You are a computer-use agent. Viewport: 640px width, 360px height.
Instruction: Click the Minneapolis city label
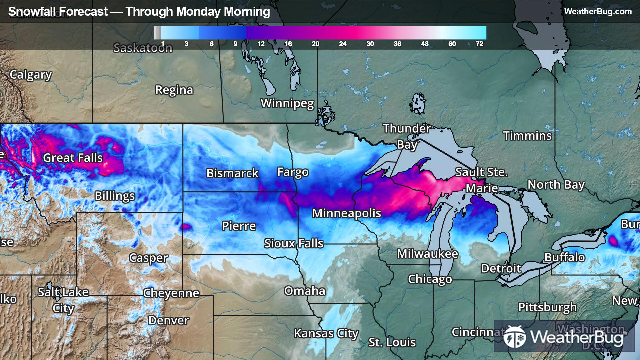tap(346, 213)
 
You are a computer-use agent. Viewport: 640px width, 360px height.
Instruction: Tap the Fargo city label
tap(293, 172)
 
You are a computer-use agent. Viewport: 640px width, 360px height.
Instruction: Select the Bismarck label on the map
tap(232, 173)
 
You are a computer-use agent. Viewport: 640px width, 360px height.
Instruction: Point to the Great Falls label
tap(73, 158)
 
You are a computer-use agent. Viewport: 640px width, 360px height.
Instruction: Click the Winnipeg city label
tap(287, 103)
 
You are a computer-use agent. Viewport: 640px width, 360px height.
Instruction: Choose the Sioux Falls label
tap(294, 243)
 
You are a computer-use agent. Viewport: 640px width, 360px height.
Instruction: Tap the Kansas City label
tap(326, 333)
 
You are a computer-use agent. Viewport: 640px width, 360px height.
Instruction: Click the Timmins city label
tap(527, 136)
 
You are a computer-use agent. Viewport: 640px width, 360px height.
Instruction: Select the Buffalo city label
tap(565, 257)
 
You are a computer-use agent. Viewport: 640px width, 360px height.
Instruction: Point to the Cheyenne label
tap(171, 293)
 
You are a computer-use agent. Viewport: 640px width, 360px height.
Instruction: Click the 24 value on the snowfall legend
tap(343, 44)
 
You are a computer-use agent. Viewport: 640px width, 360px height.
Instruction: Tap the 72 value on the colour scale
tap(479, 44)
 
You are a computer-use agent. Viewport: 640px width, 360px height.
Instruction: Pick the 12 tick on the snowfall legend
tap(261, 44)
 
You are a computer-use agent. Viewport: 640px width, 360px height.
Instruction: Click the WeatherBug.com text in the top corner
tap(598, 12)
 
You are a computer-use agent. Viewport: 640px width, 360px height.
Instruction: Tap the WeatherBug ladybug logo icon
tap(514, 337)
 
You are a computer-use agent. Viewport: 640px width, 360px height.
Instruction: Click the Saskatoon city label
tap(143, 48)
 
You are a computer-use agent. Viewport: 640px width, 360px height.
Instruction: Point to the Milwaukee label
tap(427, 254)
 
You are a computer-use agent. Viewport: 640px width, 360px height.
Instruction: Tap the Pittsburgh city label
tap(547, 307)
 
